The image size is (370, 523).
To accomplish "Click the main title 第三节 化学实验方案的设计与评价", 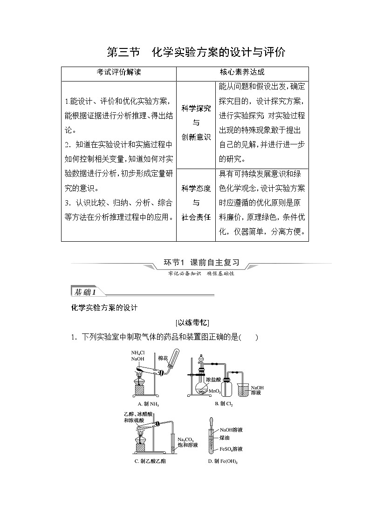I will pyautogui.click(x=196, y=52).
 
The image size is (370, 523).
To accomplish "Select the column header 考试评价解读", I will pyautogui.click(x=118, y=73).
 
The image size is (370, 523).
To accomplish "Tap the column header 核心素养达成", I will pyautogui.click(x=242, y=73).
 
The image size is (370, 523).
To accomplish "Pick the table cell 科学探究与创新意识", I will pyautogui.click(x=196, y=123).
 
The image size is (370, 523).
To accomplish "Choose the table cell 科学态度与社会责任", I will pyautogui.click(x=196, y=203).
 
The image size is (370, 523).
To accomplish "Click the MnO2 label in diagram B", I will pyautogui.click(x=215, y=391).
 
